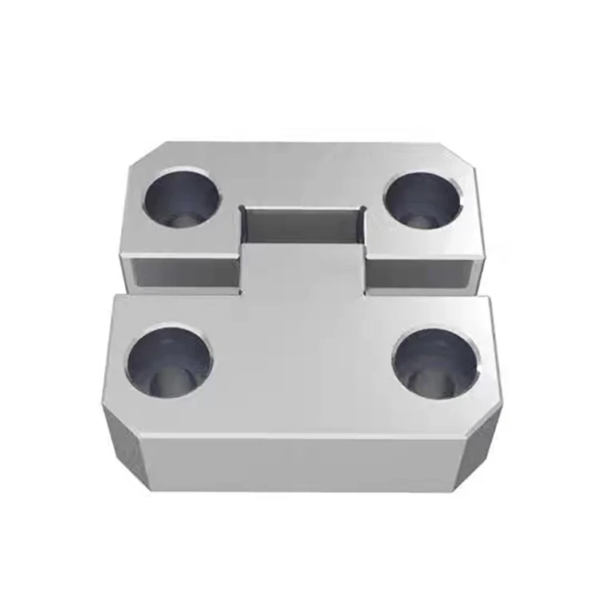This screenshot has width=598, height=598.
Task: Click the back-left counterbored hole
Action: click(182, 199)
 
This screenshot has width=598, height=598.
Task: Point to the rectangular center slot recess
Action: click(303, 227)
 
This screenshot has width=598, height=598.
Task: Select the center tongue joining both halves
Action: click(303, 271)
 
